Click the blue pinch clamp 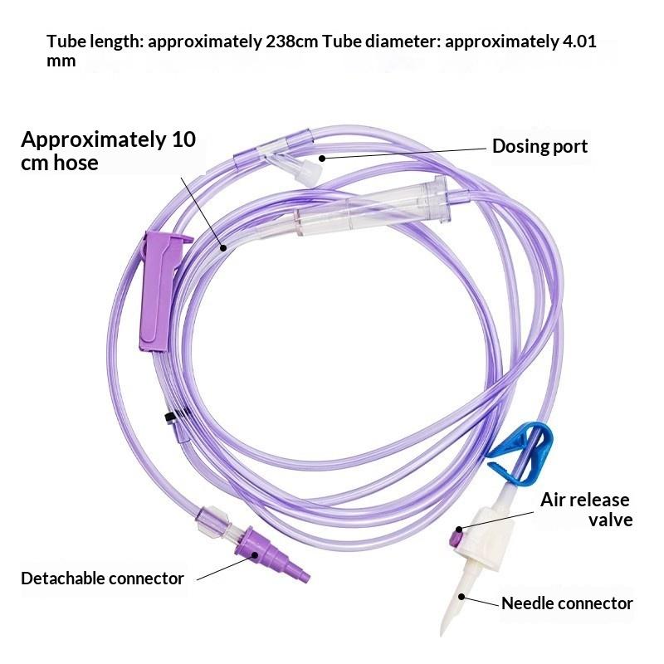[520, 454]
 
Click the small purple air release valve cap [456, 538]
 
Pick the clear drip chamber [373, 207]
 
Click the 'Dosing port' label [539, 147]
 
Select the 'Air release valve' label [586, 510]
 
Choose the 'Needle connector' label [567, 603]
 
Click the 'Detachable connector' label [102, 579]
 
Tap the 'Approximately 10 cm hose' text [108, 151]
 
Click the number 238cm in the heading [292, 41]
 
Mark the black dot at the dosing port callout [322, 159]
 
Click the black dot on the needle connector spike [461, 597]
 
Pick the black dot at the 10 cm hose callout [223, 248]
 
